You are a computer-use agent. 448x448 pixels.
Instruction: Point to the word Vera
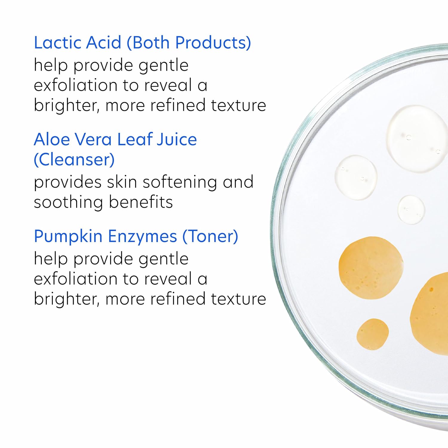click(93, 139)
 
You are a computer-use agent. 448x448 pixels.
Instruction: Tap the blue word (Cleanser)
click(74, 160)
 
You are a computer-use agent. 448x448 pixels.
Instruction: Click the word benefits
click(141, 202)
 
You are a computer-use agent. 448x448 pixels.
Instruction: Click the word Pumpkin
click(68, 237)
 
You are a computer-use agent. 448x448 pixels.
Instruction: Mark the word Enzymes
click(142, 237)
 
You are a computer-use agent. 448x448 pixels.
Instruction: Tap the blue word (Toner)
click(210, 237)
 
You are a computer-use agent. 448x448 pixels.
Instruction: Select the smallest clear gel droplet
click(411, 210)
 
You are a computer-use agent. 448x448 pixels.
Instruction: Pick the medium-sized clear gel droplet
click(356, 177)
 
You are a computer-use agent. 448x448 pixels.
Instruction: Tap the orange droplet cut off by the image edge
click(430, 314)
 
